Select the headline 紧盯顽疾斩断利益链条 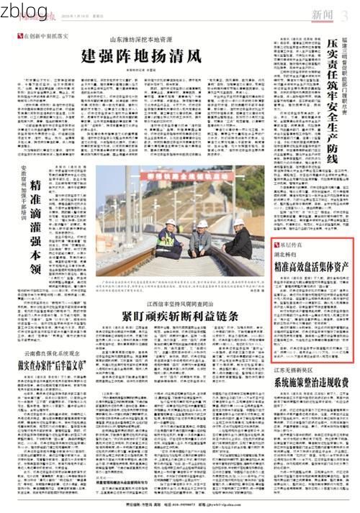(170, 317)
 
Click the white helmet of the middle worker (202, 224)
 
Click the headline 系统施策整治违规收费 (311, 381)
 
